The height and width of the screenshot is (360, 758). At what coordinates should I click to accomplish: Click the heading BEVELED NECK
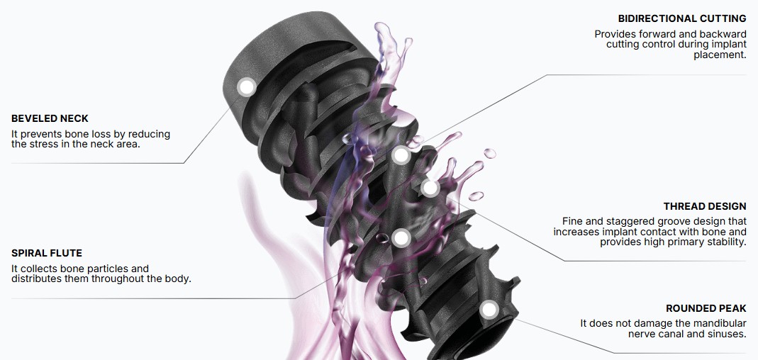[50, 118]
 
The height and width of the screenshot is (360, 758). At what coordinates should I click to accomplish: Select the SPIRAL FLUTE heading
[47, 253]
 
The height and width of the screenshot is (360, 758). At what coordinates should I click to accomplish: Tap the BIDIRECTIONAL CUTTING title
[682, 18]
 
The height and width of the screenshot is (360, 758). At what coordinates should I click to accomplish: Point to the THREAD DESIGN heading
[705, 206]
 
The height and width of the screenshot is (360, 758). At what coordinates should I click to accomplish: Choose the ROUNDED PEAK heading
[706, 308]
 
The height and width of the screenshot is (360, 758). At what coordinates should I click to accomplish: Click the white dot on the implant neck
[247, 87]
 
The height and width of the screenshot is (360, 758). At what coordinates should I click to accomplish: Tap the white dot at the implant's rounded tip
[489, 309]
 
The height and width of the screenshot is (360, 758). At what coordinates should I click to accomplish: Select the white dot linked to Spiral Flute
[401, 237]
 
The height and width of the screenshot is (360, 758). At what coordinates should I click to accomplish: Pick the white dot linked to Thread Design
[429, 188]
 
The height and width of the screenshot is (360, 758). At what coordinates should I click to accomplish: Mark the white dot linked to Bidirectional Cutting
[401, 156]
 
